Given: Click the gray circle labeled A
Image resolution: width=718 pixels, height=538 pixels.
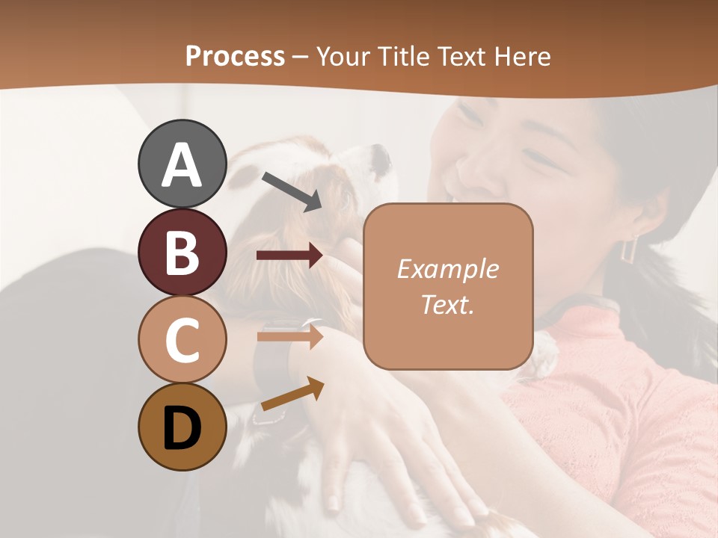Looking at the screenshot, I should pyautogui.click(x=182, y=164).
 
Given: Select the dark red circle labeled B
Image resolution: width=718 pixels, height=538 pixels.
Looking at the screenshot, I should pyautogui.click(x=182, y=253).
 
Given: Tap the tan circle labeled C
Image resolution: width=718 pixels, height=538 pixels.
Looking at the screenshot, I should pyautogui.click(x=182, y=339).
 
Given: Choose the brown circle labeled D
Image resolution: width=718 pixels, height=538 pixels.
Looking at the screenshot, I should pyautogui.click(x=182, y=427).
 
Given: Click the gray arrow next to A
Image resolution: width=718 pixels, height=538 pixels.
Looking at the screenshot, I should pyautogui.click(x=292, y=191).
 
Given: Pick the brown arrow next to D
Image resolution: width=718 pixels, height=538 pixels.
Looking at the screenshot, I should pyautogui.click(x=292, y=394).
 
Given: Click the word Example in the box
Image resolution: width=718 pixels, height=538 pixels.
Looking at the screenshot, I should pyautogui.click(x=447, y=269).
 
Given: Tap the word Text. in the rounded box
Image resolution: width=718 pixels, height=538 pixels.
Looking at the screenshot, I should pyautogui.click(x=447, y=304).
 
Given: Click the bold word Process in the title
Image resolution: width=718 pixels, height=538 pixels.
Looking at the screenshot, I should pyautogui.click(x=235, y=56).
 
